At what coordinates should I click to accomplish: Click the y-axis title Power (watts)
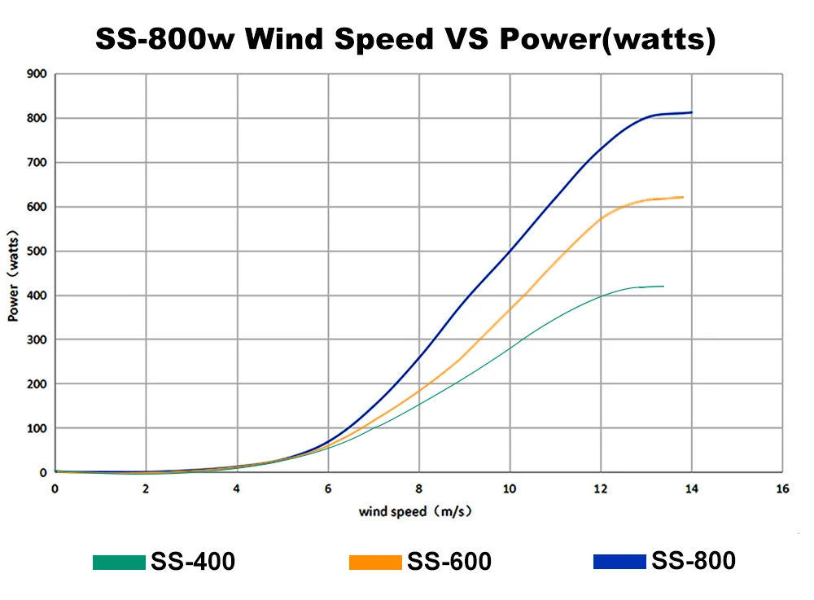pos(14,274)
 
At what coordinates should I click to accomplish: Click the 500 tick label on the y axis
pos(38,252)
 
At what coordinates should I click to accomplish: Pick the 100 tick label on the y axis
pos(38,428)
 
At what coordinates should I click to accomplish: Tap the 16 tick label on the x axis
pos(782,488)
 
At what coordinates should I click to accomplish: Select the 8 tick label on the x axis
pos(418,488)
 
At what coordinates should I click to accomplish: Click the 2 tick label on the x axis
pos(146,488)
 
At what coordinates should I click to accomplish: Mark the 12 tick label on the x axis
pos(600,488)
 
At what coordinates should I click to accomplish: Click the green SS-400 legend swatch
pos(119,562)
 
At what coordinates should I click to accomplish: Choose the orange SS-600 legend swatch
pos(375,562)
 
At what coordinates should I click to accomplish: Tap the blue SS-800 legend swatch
pos(619,561)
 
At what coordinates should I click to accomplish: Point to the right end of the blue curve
pos(691,112)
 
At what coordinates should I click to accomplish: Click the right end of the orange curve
pos(681,197)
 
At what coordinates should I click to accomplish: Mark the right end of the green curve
pos(663,287)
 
